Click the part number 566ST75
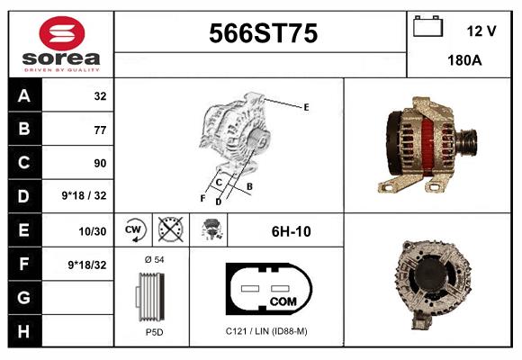click(x=263, y=34)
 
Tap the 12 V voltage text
click(x=481, y=31)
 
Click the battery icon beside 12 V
click(x=427, y=28)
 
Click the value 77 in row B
click(x=99, y=130)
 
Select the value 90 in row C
click(x=99, y=164)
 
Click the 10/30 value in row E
click(x=94, y=231)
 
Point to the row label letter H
click(x=23, y=330)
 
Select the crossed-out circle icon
click(x=168, y=230)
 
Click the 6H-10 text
click(x=291, y=231)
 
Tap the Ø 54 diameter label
click(x=153, y=259)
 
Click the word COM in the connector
click(x=283, y=300)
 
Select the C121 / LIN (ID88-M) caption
click(x=266, y=331)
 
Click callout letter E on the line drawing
click(x=306, y=107)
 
